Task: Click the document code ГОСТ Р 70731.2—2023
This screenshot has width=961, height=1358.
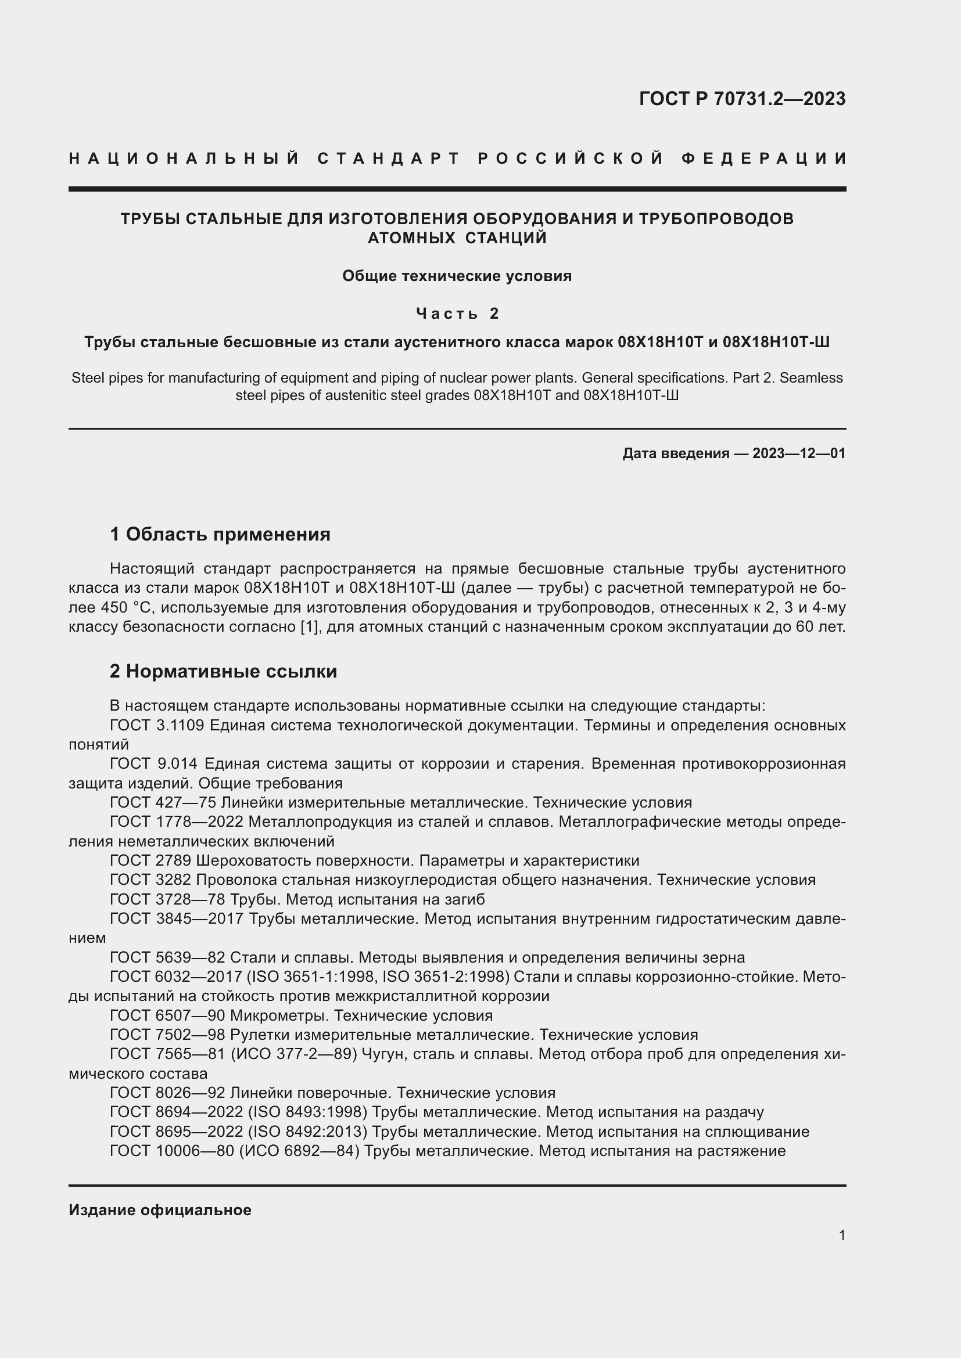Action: click(742, 99)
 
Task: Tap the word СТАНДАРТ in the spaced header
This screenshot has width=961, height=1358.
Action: click(389, 159)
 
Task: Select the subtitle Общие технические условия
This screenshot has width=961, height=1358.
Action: click(457, 276)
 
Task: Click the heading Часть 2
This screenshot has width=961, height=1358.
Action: click(457, 313)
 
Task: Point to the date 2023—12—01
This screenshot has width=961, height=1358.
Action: click(799, 453)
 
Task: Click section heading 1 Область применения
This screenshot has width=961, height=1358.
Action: click(220, 534)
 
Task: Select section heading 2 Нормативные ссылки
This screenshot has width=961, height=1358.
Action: click(223, 671)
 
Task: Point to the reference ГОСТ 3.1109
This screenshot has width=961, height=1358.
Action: click(157, 725)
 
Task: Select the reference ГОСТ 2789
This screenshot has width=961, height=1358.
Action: click(150, 860)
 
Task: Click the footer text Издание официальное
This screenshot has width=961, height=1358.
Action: click(160, 1209)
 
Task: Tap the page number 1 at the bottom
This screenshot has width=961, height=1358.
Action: click(842, 1235)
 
